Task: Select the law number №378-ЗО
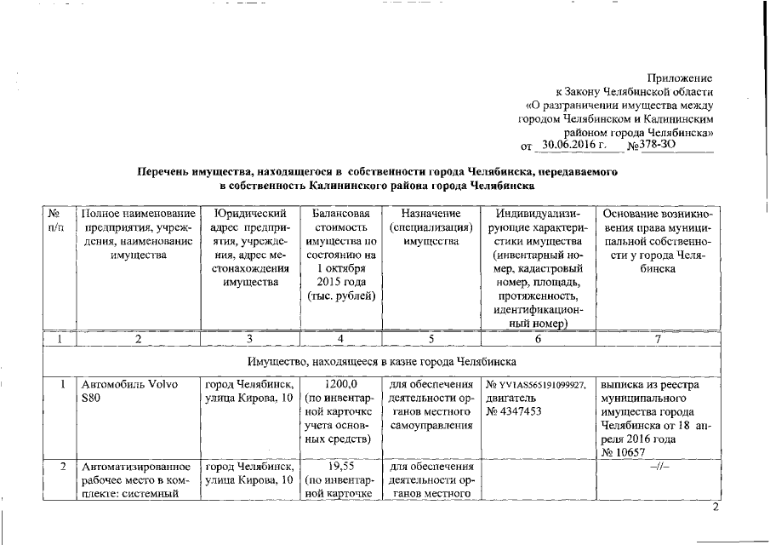653,146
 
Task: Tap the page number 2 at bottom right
716,508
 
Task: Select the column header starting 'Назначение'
430,227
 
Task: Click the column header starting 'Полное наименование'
136,233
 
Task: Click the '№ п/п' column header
56,220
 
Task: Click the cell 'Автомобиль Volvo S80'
128,391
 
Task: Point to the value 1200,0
340,384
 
